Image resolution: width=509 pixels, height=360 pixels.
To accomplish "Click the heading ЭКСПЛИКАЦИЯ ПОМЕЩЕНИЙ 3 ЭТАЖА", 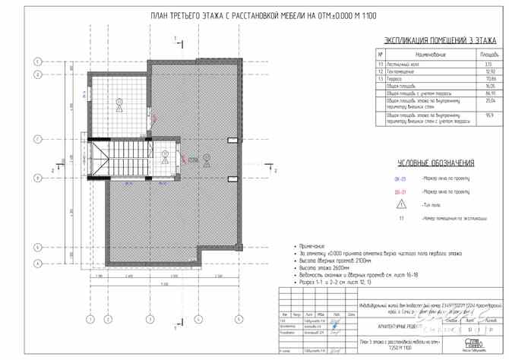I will (439, 39).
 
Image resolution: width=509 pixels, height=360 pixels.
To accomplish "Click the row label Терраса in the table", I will (394, 79).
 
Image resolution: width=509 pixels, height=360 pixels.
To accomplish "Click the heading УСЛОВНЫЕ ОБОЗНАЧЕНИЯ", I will (436, 163).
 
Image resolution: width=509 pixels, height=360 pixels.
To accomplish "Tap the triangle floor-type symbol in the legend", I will (401, 204).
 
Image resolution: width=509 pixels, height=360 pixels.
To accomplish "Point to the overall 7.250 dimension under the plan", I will (164, 285).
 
